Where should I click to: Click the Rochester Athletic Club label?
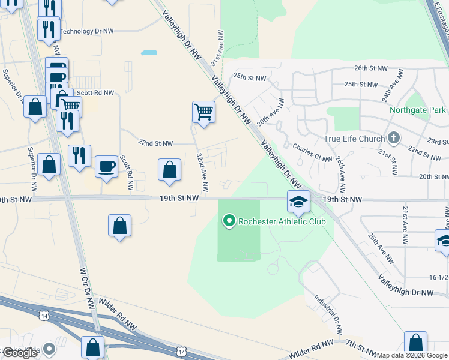tap(282, 221)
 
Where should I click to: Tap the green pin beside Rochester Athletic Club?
tap(228, 221)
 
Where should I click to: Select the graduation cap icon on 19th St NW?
tap(298, 202)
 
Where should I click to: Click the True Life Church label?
tap(354, 139)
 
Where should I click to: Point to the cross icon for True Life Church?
tap(393, 139)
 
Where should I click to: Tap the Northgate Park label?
tap(417, 110)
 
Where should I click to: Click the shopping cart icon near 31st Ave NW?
tap(203, 112)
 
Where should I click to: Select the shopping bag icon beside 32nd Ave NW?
tap(170, 170)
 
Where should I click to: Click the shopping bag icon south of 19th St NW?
tap(120, 226)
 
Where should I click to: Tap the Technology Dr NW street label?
tap(86, 31)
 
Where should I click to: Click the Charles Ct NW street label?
tap(312, 152)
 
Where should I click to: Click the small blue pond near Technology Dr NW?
tap(149, 53)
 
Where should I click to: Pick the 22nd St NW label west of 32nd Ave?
tap(155, 143)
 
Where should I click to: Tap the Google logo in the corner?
tap(19, 353)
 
